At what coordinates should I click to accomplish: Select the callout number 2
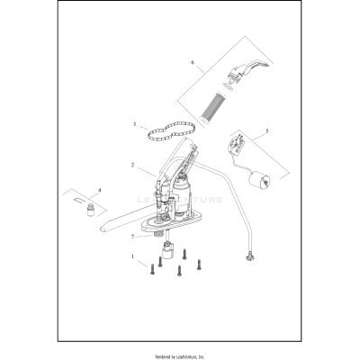pyautogui.click(x=132, y=166)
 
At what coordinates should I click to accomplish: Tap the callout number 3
pyautogui.click(x=134, y=125)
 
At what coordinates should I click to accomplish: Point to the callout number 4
pyautogui.click(x=99, y=191)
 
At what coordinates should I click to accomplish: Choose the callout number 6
pyautogui.click(x=192, y=62)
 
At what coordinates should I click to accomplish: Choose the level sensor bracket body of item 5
pyautogui.click(x=238, y=141)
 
